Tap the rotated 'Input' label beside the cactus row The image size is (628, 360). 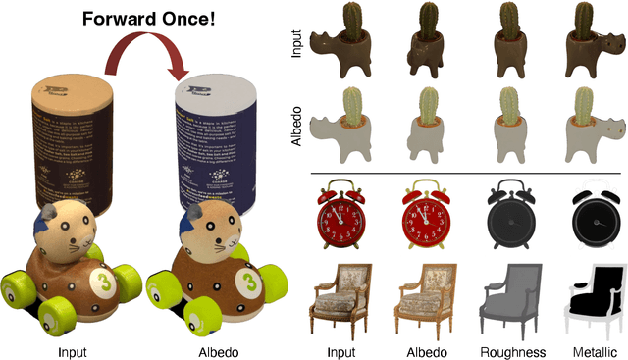coord(297,44)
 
